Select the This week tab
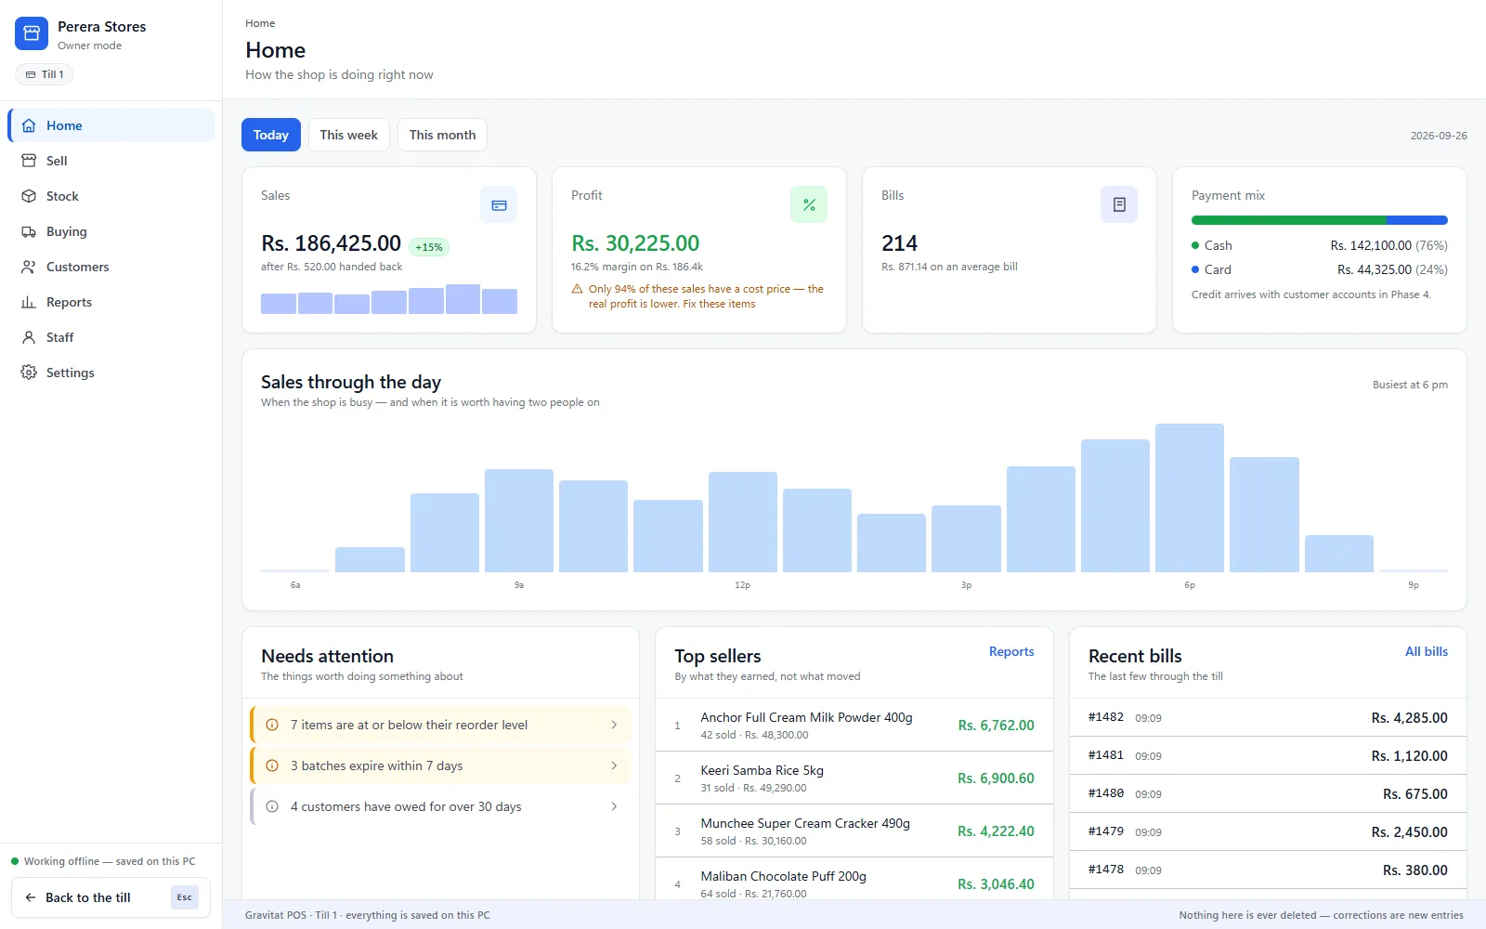(x=348, y=135)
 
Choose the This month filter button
(x=442, y=135)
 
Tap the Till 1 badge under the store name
(x=45, y=74)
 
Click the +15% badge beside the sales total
(x=428, y=247)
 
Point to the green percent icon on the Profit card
(x=809, y=204)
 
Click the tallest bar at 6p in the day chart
(x=1190, y=498)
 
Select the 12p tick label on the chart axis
(x=742, y=584)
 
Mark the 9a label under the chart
(x=519, y=584)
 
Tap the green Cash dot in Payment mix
(x=1195, y=245)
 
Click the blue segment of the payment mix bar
(x=1417, y=219)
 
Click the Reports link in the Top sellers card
(x=1011, y=651)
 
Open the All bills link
(x=1427, y=651)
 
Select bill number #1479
(x=1106, y=831)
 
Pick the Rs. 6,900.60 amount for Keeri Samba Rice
(x=996, y=778)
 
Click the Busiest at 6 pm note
(x=1410, y=385)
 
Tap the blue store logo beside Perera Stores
(x=32, y=33)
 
